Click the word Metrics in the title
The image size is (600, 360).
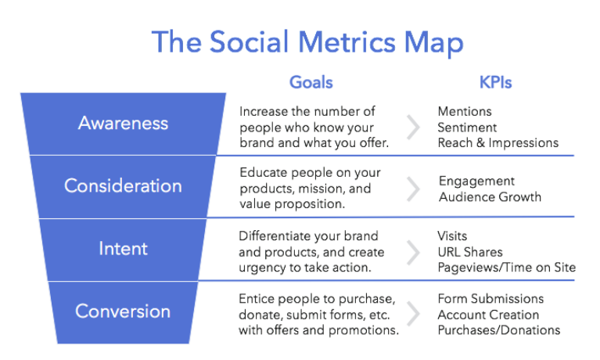(347, 41)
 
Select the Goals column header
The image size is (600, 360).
(311, 82)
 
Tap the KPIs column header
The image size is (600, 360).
(495, 82)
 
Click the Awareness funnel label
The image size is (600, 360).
(124, 124)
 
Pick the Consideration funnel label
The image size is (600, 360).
(123, 185)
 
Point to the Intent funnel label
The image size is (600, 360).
(123, 249)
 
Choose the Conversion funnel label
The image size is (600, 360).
(123, 311)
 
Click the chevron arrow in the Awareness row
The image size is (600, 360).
(413, 127)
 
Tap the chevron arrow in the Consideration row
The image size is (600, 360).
(413, 189)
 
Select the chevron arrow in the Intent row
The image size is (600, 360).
(413, 252)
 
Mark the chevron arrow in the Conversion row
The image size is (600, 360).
(413, 314)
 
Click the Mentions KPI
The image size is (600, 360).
(465, 111)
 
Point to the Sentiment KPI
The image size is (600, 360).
(467, 127)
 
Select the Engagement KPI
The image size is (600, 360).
(476, 182)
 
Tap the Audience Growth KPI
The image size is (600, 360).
(490, 197)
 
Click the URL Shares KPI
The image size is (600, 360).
(470, 252)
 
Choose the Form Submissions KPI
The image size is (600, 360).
(490, 299)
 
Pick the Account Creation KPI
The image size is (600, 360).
(488, 315)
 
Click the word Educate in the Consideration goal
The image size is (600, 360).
(264, 173)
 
